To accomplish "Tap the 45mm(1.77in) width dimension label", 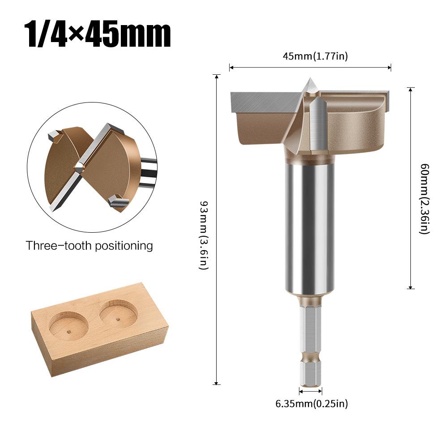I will point(315,56).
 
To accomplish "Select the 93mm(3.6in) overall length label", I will point(204,229).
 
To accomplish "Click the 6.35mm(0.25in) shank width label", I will point(311,404).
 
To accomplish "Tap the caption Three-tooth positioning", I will point(89,246).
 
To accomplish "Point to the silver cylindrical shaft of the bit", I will point(310,224).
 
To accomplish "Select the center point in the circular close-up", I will point(79,168).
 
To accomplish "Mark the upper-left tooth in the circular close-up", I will point(54,134).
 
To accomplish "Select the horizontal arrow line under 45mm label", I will point(310,68).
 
